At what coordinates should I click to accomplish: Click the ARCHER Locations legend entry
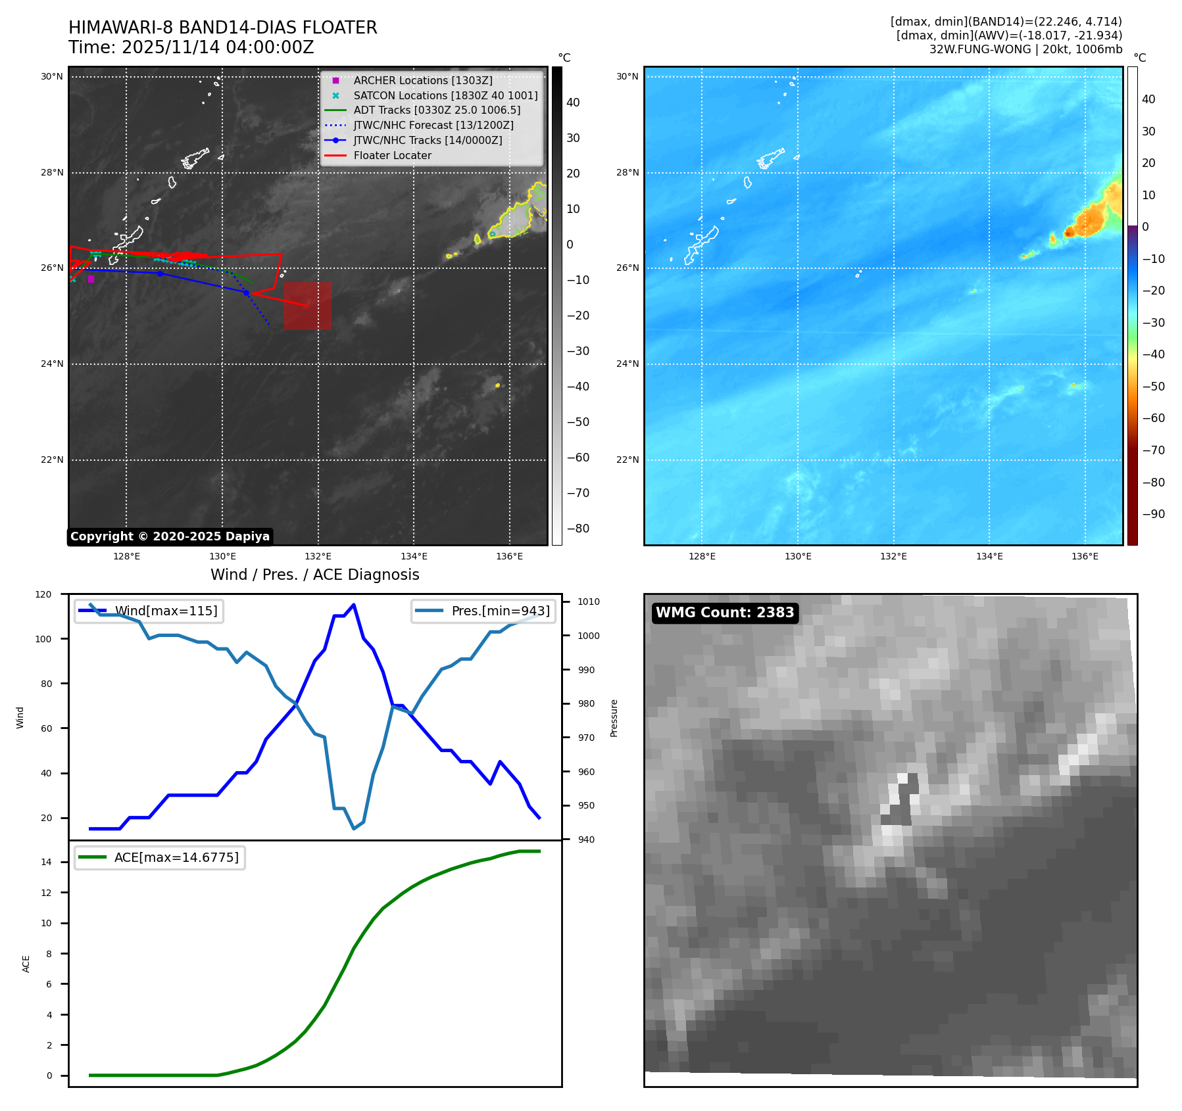click(422, 80)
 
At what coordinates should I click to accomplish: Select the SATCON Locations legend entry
click(445, 95)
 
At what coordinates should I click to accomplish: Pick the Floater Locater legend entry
click(392, 155)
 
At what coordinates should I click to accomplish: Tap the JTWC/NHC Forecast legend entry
click(433, 125)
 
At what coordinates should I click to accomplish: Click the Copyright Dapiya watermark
click(170, 536)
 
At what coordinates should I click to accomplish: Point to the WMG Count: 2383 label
click(725, 613)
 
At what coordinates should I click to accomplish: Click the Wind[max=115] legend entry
click(166, 611)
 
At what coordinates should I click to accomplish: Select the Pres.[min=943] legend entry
click(500, 611)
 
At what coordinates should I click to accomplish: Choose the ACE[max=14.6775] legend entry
click(176, 857)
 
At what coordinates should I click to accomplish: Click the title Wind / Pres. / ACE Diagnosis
click(314, 575)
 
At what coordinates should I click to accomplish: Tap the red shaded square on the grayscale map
click(307, 306)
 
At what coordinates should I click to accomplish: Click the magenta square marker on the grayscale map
click(91, 279)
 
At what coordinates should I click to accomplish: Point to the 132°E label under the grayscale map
click(318, 556)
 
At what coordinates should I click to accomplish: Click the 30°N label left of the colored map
click(627, 76)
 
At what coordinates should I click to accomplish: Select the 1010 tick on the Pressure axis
click(588, 602)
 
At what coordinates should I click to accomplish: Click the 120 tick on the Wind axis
click(43, 594)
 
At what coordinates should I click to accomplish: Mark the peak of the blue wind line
click(354, 605)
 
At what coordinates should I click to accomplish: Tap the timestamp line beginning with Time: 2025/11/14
click(191, 47)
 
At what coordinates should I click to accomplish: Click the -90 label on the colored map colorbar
click(1152, 514)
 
